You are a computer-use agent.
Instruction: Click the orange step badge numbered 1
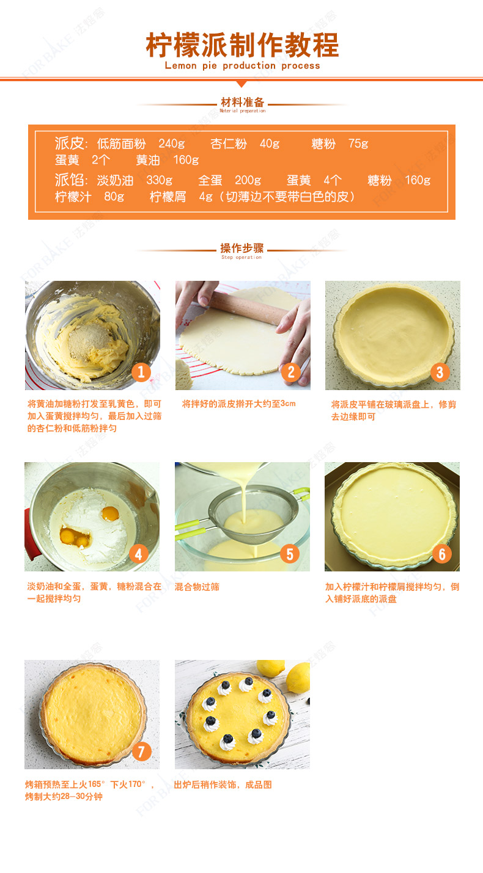pyautogui.click(x=141, y=372)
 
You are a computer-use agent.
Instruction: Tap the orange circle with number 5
pyautogui.click(x=290, y=554)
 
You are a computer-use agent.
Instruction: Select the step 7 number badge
pyautogui.click(x=141, y=751)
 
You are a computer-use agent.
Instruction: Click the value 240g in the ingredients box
pyautogui.click(x=171, y=143)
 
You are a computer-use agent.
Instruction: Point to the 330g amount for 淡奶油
pyautogui.click(x=160, y=180)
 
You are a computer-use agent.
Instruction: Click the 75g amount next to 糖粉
pyautogui.click(x=358, y=143)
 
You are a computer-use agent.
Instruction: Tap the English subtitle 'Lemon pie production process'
pyautogui.click(x=242, y=65)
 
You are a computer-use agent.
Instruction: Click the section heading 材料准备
pyautogui.click(x=243, y=102)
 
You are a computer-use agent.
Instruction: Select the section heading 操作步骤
pyautogui.click(x=242, y=248)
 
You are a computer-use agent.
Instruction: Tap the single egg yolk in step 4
pyautogui.click(x=111, y=513)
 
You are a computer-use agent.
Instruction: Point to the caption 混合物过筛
pyautogui.click(x=197, y=587)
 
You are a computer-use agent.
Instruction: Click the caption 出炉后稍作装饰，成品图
pyautogui.click(x=223, y=784)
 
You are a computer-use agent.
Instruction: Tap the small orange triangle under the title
pyautogui.click(x=242, y=84)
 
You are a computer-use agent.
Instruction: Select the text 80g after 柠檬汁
pyautogui.click(x=114, y=197)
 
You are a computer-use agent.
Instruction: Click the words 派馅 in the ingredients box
pyautogui.click(x=69, y=180)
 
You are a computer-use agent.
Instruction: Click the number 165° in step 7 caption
pyautogui.click(x=97, y=784)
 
